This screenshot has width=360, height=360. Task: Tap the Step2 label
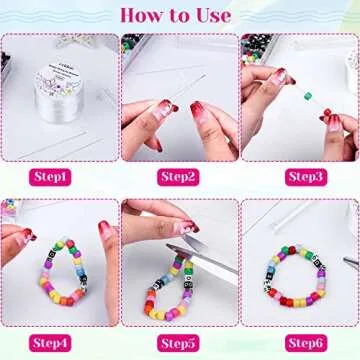178,176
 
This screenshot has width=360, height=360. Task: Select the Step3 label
303,176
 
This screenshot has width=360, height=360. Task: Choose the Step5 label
178,343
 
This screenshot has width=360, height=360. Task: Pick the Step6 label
303,343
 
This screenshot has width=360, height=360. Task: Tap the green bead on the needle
309,96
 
